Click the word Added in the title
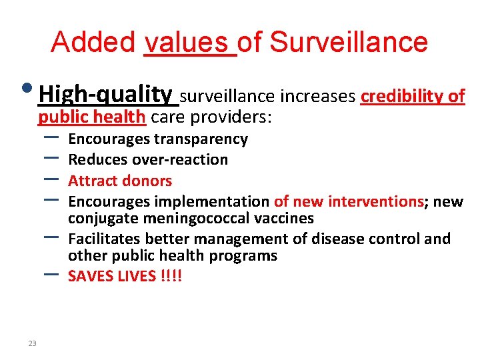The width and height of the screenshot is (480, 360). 93,42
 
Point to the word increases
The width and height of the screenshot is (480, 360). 317,97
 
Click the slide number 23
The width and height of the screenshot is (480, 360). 32,343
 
